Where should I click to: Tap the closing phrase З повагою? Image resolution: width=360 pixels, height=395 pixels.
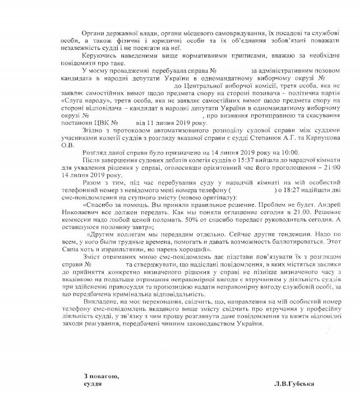tap(101, 376)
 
